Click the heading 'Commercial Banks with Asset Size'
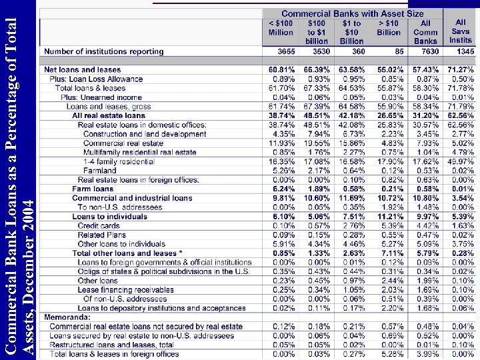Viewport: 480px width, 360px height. pos(352,13)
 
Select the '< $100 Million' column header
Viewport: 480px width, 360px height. pos(281,27)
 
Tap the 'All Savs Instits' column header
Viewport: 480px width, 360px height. pos(460,31)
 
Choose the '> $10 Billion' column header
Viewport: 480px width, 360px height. pos(389,27)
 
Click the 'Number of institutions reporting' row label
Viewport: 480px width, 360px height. pos(103,51)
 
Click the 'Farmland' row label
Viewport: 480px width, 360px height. pos(100,171)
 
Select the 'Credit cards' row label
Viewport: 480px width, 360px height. pos(99,226)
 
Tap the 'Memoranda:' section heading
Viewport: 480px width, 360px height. pos(67,317)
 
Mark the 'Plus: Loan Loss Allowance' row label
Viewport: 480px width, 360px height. pos(96,79)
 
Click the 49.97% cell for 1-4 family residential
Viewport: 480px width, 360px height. pos(461,161)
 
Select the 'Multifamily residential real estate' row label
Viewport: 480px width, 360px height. pos(140,152)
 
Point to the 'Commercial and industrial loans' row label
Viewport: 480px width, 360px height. pos(132,198)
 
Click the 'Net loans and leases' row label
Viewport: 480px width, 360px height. pos(82,70)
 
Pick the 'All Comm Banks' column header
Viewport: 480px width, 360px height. pos(425,32)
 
